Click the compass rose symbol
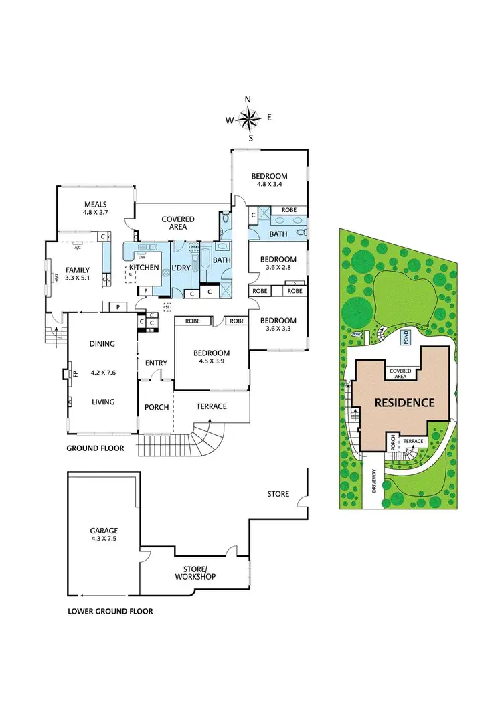(248, 119)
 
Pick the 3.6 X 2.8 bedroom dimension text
(278, 268)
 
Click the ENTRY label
(156, 363)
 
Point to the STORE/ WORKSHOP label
(199, 573)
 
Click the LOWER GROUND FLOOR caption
(110, 611)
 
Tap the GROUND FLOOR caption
(95, 448)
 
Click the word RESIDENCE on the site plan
(404, 403)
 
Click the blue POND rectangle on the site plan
(404, 337)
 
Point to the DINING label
(102, 344)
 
